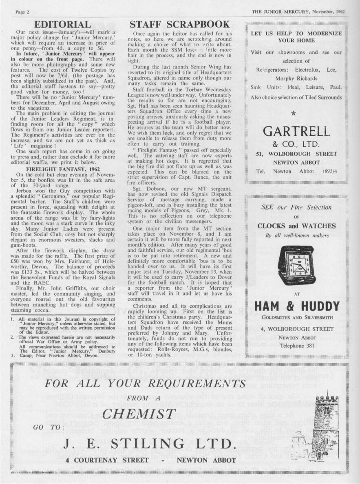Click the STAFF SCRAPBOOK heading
pos(179,24)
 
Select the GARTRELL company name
pos(296,132)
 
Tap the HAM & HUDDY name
pos(296,307)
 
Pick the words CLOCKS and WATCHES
pos(296,226)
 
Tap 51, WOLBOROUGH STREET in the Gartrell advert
pos(296,154)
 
